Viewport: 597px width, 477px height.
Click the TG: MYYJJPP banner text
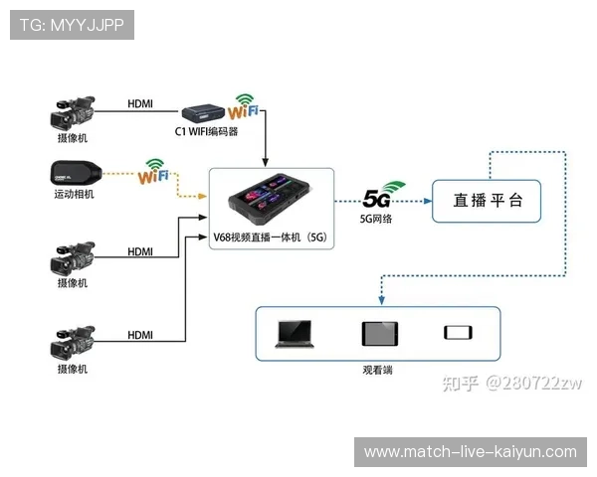click(72, 25)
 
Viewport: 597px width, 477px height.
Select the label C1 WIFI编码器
click(207, 130)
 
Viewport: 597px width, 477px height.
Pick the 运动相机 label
click(73, 194)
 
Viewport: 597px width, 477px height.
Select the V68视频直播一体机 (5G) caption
click(269, 238)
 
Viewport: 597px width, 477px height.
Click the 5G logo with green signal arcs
click(384, 193)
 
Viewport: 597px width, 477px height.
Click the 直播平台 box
click(488, 200)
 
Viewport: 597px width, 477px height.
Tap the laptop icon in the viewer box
click(297, 334)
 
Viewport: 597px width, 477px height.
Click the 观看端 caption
click(377, 369)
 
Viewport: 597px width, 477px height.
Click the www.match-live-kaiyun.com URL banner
click(470, 452)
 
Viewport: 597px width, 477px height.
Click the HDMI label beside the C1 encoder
click(140, 103)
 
